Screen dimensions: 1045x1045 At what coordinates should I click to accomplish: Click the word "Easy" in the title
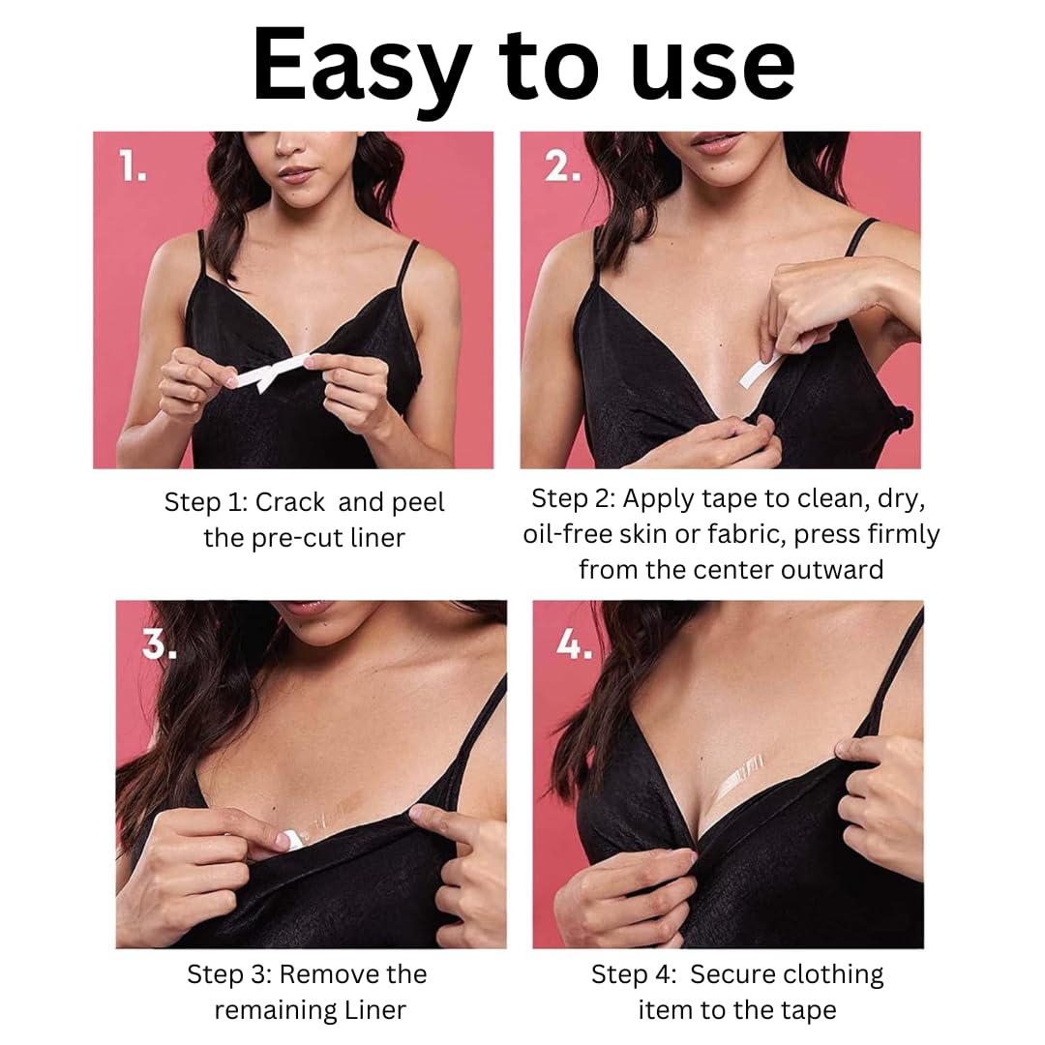(x=361, y=68)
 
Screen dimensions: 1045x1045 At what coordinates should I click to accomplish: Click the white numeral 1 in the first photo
(x=132, y=166)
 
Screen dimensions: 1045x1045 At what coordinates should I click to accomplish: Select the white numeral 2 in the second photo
(x=562, y=166)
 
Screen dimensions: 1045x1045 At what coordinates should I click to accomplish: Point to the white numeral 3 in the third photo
(x=160, y=643)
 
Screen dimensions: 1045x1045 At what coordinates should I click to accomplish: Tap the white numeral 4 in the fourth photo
(x=574, y=643)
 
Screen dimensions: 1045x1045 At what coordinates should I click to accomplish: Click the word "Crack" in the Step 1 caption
(x=290, y=502)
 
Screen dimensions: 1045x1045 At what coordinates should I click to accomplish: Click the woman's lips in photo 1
(x=297, y=174)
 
